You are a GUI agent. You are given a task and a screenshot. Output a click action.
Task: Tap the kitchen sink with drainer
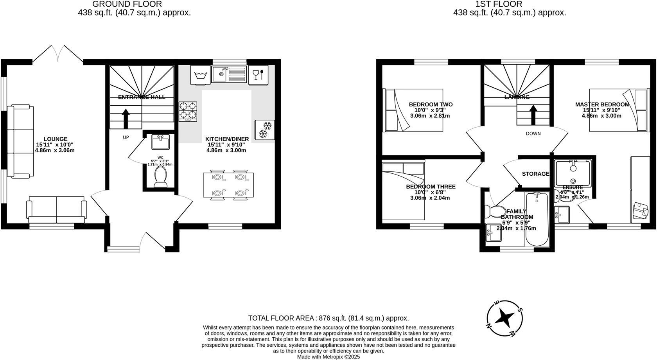coord(229,74)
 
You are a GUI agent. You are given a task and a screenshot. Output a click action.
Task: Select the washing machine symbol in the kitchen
coord(200,74)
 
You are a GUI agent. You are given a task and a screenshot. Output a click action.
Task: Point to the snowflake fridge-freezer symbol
coord(265,130)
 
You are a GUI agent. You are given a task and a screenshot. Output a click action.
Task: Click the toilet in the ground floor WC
coord(161,176)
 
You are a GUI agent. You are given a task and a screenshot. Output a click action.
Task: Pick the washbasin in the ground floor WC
coord(160,142)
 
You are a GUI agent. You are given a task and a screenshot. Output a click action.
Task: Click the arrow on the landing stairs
coord(533,114)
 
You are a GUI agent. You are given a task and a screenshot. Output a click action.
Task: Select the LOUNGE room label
coord(55,139)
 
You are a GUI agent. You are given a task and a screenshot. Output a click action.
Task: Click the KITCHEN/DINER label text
coord(227,139)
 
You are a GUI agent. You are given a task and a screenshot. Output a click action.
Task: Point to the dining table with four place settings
coord(228,185)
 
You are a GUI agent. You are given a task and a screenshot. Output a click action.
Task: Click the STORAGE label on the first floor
coord(535,174)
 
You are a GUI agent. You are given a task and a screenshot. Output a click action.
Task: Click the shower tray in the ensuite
coord(573,173)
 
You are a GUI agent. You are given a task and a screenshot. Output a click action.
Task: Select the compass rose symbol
coord(505,319)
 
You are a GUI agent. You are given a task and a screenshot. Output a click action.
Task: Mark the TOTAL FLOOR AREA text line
coord(328,318)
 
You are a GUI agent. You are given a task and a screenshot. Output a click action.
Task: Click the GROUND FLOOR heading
coord(127,4)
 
